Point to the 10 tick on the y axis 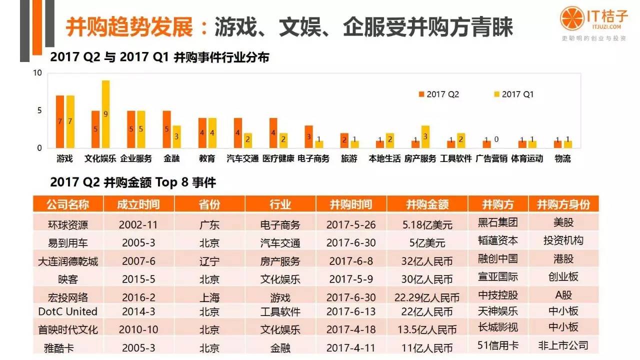(x=37, y=73)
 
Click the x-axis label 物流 (x=562, y=158)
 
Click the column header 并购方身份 (x=563, y=204)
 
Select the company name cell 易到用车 (x=68, y=243)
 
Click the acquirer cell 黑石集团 (x=497, y=222)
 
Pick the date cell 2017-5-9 (x=350, y=279)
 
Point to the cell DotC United (x=68, y=311)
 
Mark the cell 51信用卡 (x=497, y=345)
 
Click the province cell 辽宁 (x=209, y=260)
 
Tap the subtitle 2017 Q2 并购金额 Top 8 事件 (x=133, y=182)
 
